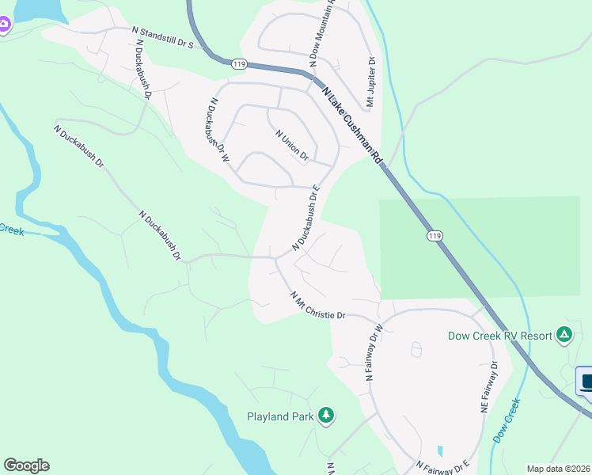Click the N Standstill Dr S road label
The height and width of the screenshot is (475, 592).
click(162, 39)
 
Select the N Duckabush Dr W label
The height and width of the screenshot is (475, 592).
click(217, 131)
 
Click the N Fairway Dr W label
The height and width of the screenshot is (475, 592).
click(374, 352)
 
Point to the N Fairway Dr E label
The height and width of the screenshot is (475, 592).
click(443, 466)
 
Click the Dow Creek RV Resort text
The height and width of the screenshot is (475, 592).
click(499, 336)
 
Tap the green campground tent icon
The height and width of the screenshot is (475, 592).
click(564, 335)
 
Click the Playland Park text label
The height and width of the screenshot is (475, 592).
click(280, 416)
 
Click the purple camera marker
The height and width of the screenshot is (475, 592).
click(3, 24)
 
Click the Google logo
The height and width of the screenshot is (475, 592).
click(26, 465)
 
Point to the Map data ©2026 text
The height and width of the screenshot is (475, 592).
click(558, 469)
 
